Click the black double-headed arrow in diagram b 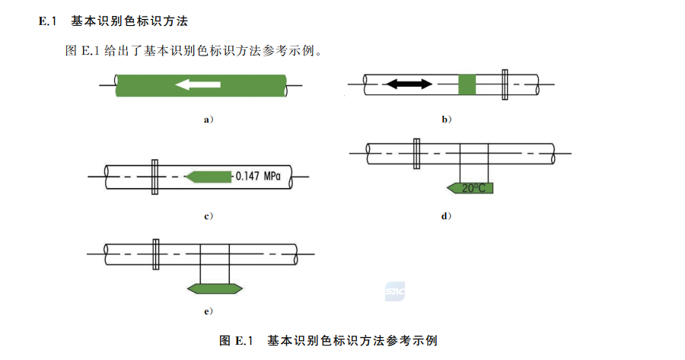tap(409, 84)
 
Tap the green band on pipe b tap(468, 84)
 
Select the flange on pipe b tap(505, 84)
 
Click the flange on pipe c tap(155, 177)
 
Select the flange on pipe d tap(416, 153)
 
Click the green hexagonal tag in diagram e tap(215, 288)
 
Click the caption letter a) tap(207, 119)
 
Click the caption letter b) tap(447, 119)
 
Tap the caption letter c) tap(207, 216)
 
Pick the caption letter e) tap(207, 311)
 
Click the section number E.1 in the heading tap(48, 21)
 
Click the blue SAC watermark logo tap(394, 292)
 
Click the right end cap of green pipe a tap(284, 84)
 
